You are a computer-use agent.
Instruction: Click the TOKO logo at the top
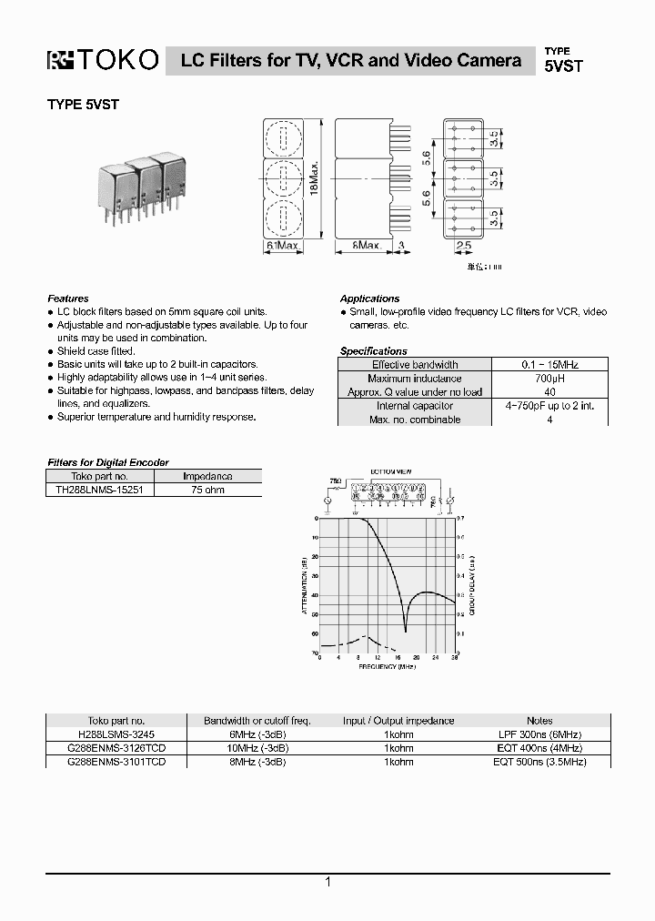(x=103, y=60)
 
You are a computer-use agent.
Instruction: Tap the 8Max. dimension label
(x=367, y=246)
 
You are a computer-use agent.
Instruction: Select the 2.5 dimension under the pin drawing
(x=463, y=246)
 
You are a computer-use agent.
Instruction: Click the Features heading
(x=68, y=299)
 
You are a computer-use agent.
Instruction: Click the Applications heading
(x=369, y=299)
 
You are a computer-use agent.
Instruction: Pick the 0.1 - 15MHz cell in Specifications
(x=550, y=364)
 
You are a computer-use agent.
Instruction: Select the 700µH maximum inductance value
(x=550, y=378)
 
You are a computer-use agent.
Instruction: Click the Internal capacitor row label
(x=415, y=406)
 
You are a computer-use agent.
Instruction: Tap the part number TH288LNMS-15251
(x=100, y=489)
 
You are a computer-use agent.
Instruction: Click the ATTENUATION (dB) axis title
(x=304, y=587)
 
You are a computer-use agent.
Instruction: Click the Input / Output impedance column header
(x=398, y=720)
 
